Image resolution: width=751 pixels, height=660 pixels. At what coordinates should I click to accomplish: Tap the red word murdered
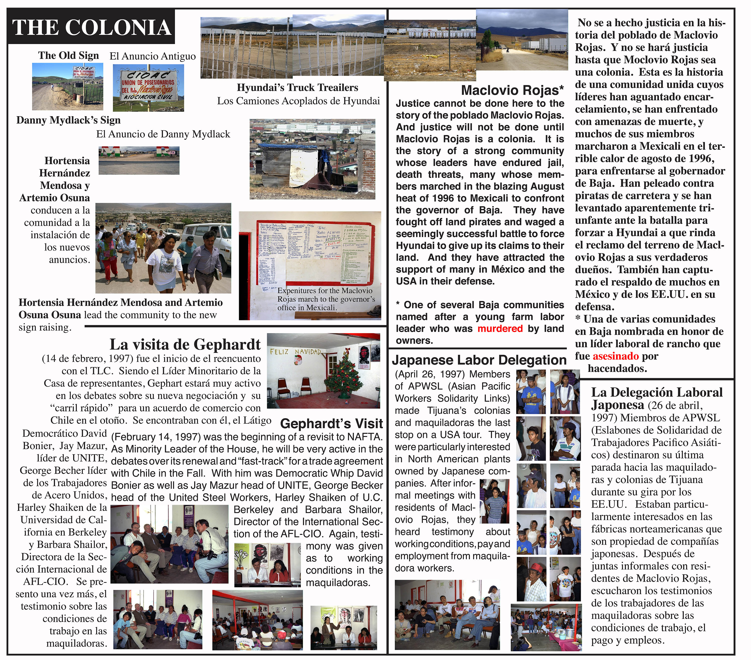pyautogui.click(x=500, y=328)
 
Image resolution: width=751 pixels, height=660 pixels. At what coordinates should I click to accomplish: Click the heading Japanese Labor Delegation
pyautogui.click(x=479, y=360)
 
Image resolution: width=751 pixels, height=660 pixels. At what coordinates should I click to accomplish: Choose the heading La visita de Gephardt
pyautogui.click(x=185, y=344)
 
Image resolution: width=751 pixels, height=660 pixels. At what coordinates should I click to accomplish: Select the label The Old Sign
pyautogui.click(x=68, y=56)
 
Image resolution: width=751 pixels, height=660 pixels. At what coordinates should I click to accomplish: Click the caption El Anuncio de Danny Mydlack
pyautogui.click(x=163, y=134)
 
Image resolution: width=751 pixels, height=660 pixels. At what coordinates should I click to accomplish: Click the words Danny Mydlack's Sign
pyautogui.click(x=68, y=120)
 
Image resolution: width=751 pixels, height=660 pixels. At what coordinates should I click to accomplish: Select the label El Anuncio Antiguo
pyautogui.click(x=152, y=56)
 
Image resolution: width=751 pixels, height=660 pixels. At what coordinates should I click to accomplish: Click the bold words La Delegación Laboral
pyautogui.click(x=657, y=392)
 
